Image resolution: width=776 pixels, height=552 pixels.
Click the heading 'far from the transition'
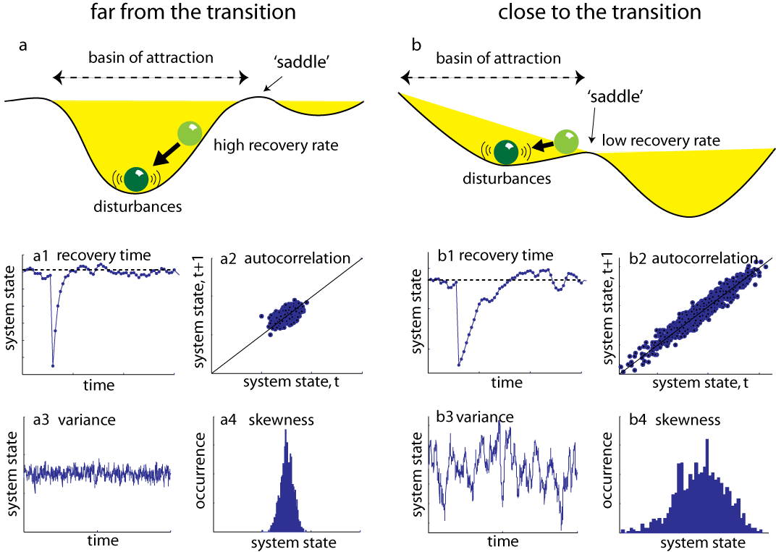(193, 12)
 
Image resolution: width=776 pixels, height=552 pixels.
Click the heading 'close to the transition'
(599, 12)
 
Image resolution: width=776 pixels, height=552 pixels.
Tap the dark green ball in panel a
(136, 179)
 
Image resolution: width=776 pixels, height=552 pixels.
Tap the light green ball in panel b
(566, 142)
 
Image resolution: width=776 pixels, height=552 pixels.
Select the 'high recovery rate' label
(276, 145)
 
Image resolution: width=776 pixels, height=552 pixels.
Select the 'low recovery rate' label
(661, 140)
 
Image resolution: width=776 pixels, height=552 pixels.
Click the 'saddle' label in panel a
(301, 61)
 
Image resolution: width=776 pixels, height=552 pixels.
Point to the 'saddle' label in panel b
(615, 96)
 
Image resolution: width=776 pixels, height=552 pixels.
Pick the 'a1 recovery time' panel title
(91, 255)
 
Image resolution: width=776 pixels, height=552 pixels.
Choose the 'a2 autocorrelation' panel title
(285, 258)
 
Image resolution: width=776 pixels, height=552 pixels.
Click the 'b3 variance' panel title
(475, 417)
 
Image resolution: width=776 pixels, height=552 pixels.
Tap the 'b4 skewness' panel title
(675, 420)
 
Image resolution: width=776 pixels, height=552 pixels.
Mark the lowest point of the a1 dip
(52, 365)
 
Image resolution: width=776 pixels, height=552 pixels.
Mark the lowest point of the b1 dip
(459, 365)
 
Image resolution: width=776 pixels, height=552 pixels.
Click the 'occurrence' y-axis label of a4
(200, 470)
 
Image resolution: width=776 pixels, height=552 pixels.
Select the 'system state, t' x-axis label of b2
(700, 383)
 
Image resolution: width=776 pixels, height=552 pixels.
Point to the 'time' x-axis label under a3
(103, 540)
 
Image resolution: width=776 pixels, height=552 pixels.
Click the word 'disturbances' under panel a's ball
(138, 206)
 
